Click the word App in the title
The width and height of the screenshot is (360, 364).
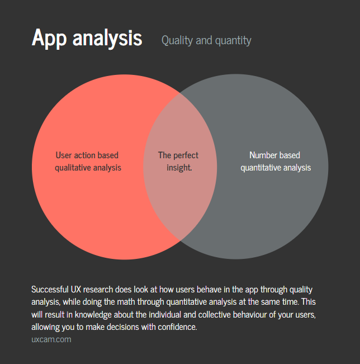click(49, 37)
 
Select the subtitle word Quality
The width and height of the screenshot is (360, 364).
click(177, 40)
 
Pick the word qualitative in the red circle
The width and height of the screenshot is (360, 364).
click(74, 167)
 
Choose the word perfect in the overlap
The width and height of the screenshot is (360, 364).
click(186, 155)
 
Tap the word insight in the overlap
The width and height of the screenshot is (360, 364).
click(179, 167)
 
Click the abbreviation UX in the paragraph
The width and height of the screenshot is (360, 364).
click(77, 289)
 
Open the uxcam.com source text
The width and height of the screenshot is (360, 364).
click(51, 339)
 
